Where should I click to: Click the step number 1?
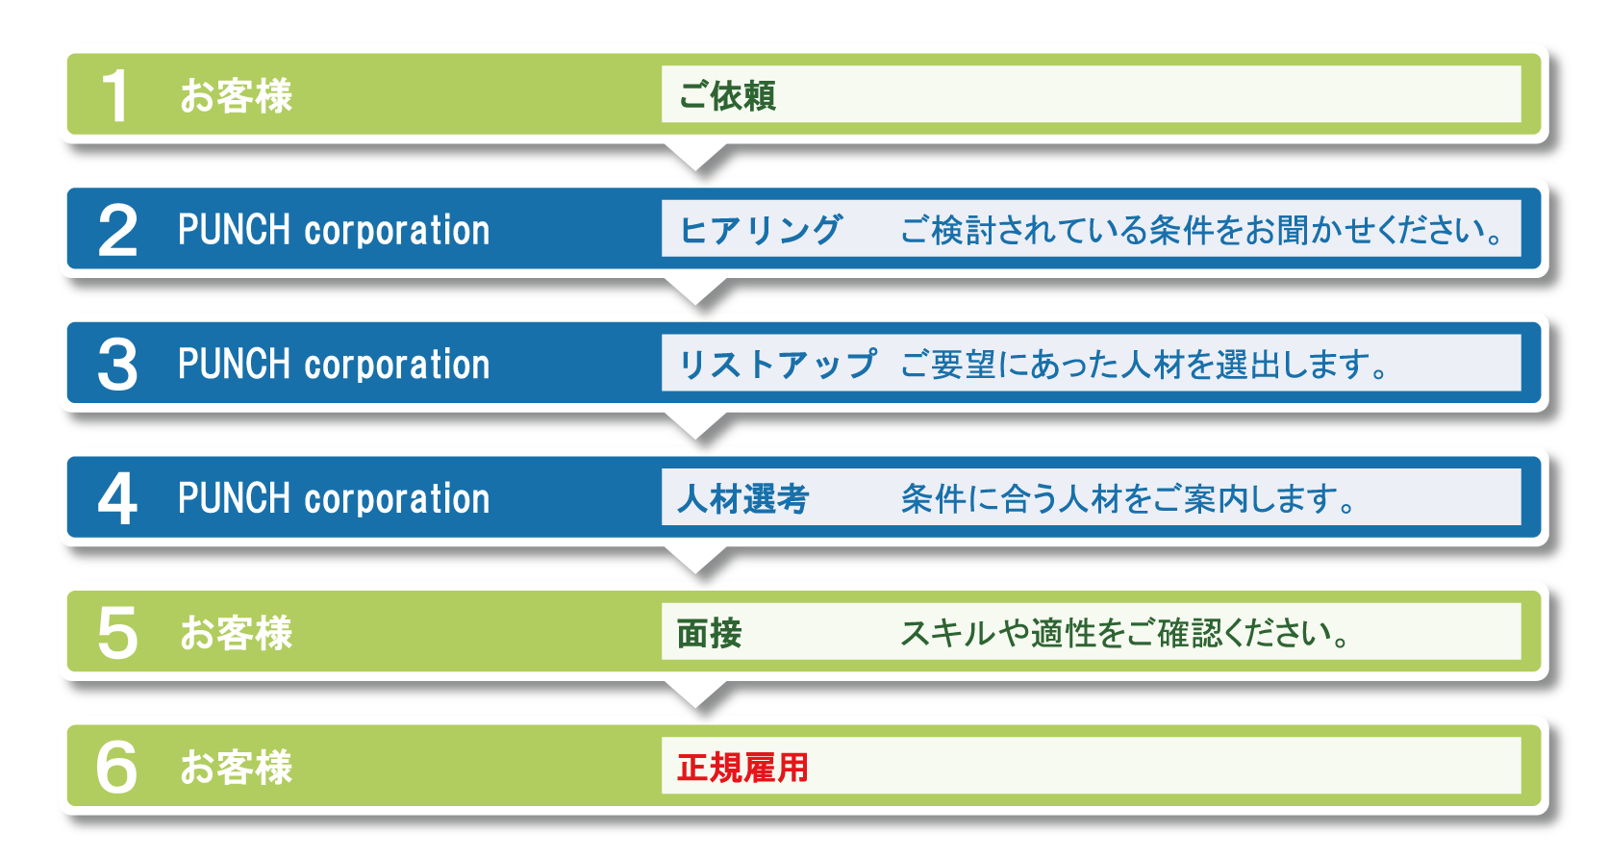point(115,95)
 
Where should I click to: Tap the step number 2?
point(117,230)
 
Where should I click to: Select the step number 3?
point(117,365)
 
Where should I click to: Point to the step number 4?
point(117,498)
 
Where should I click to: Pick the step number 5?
point(117,633)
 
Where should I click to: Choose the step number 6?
point(116,767)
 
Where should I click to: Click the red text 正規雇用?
point(742,767)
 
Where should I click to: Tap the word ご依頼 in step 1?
point(727,95)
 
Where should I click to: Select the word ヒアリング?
point(760,230)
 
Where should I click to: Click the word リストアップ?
point(777,365)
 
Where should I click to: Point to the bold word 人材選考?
point(742,498)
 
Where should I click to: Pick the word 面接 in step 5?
point(709,633)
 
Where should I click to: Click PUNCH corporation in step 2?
point(334,230)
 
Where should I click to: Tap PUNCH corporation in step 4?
point(334,498)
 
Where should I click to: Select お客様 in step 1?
point(237,95)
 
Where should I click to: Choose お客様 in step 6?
point(237,767)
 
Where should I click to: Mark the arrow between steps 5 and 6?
point(695,694)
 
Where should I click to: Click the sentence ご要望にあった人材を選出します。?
point(1144,365)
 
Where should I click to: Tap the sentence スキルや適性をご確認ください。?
point(1125,633)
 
